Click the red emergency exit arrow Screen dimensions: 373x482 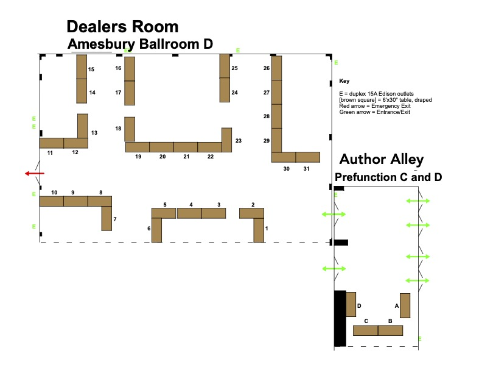(x=34, y=174)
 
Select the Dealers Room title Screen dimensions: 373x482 (x=122, y=27)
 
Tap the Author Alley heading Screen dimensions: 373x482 (x=381, y=160)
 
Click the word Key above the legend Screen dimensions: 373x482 (x=344, y=81)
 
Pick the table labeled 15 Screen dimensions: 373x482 (x=82, y=67)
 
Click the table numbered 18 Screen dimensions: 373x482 (x=130, y=129)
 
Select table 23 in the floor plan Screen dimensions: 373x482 (x=227, y=140)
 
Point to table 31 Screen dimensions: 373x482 (x=308, y=157)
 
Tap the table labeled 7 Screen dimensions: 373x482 (x=107, y=218)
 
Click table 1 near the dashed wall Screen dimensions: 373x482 (x=259, y=230)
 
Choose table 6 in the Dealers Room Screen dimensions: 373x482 (x=156, y=230)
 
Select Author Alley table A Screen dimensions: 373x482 (x=405, y=305)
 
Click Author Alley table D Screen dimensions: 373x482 (x=351, y=304)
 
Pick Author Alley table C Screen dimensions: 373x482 (x=365, y=330)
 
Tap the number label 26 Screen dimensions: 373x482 (x=267, y=69)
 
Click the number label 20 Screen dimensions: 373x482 (x=162, y=157)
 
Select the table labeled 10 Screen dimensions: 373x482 (x=52, y=201)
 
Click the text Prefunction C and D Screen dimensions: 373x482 (x=388, y=177)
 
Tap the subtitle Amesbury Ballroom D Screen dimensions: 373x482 (x=141, y=44)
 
